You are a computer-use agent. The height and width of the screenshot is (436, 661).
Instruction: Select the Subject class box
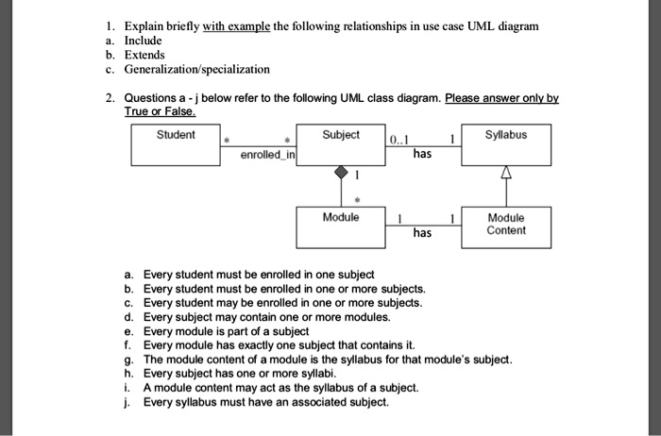pos(340,146)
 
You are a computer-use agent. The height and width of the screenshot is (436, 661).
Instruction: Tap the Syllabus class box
pos(505,146)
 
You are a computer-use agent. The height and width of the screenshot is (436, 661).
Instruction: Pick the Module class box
pos(340,227)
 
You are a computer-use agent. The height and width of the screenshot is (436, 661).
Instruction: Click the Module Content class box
pos(505,227)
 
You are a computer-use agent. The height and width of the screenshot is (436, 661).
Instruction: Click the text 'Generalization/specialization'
pos(197,69)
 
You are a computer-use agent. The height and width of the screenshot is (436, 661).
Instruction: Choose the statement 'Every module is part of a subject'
pos(226,331)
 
